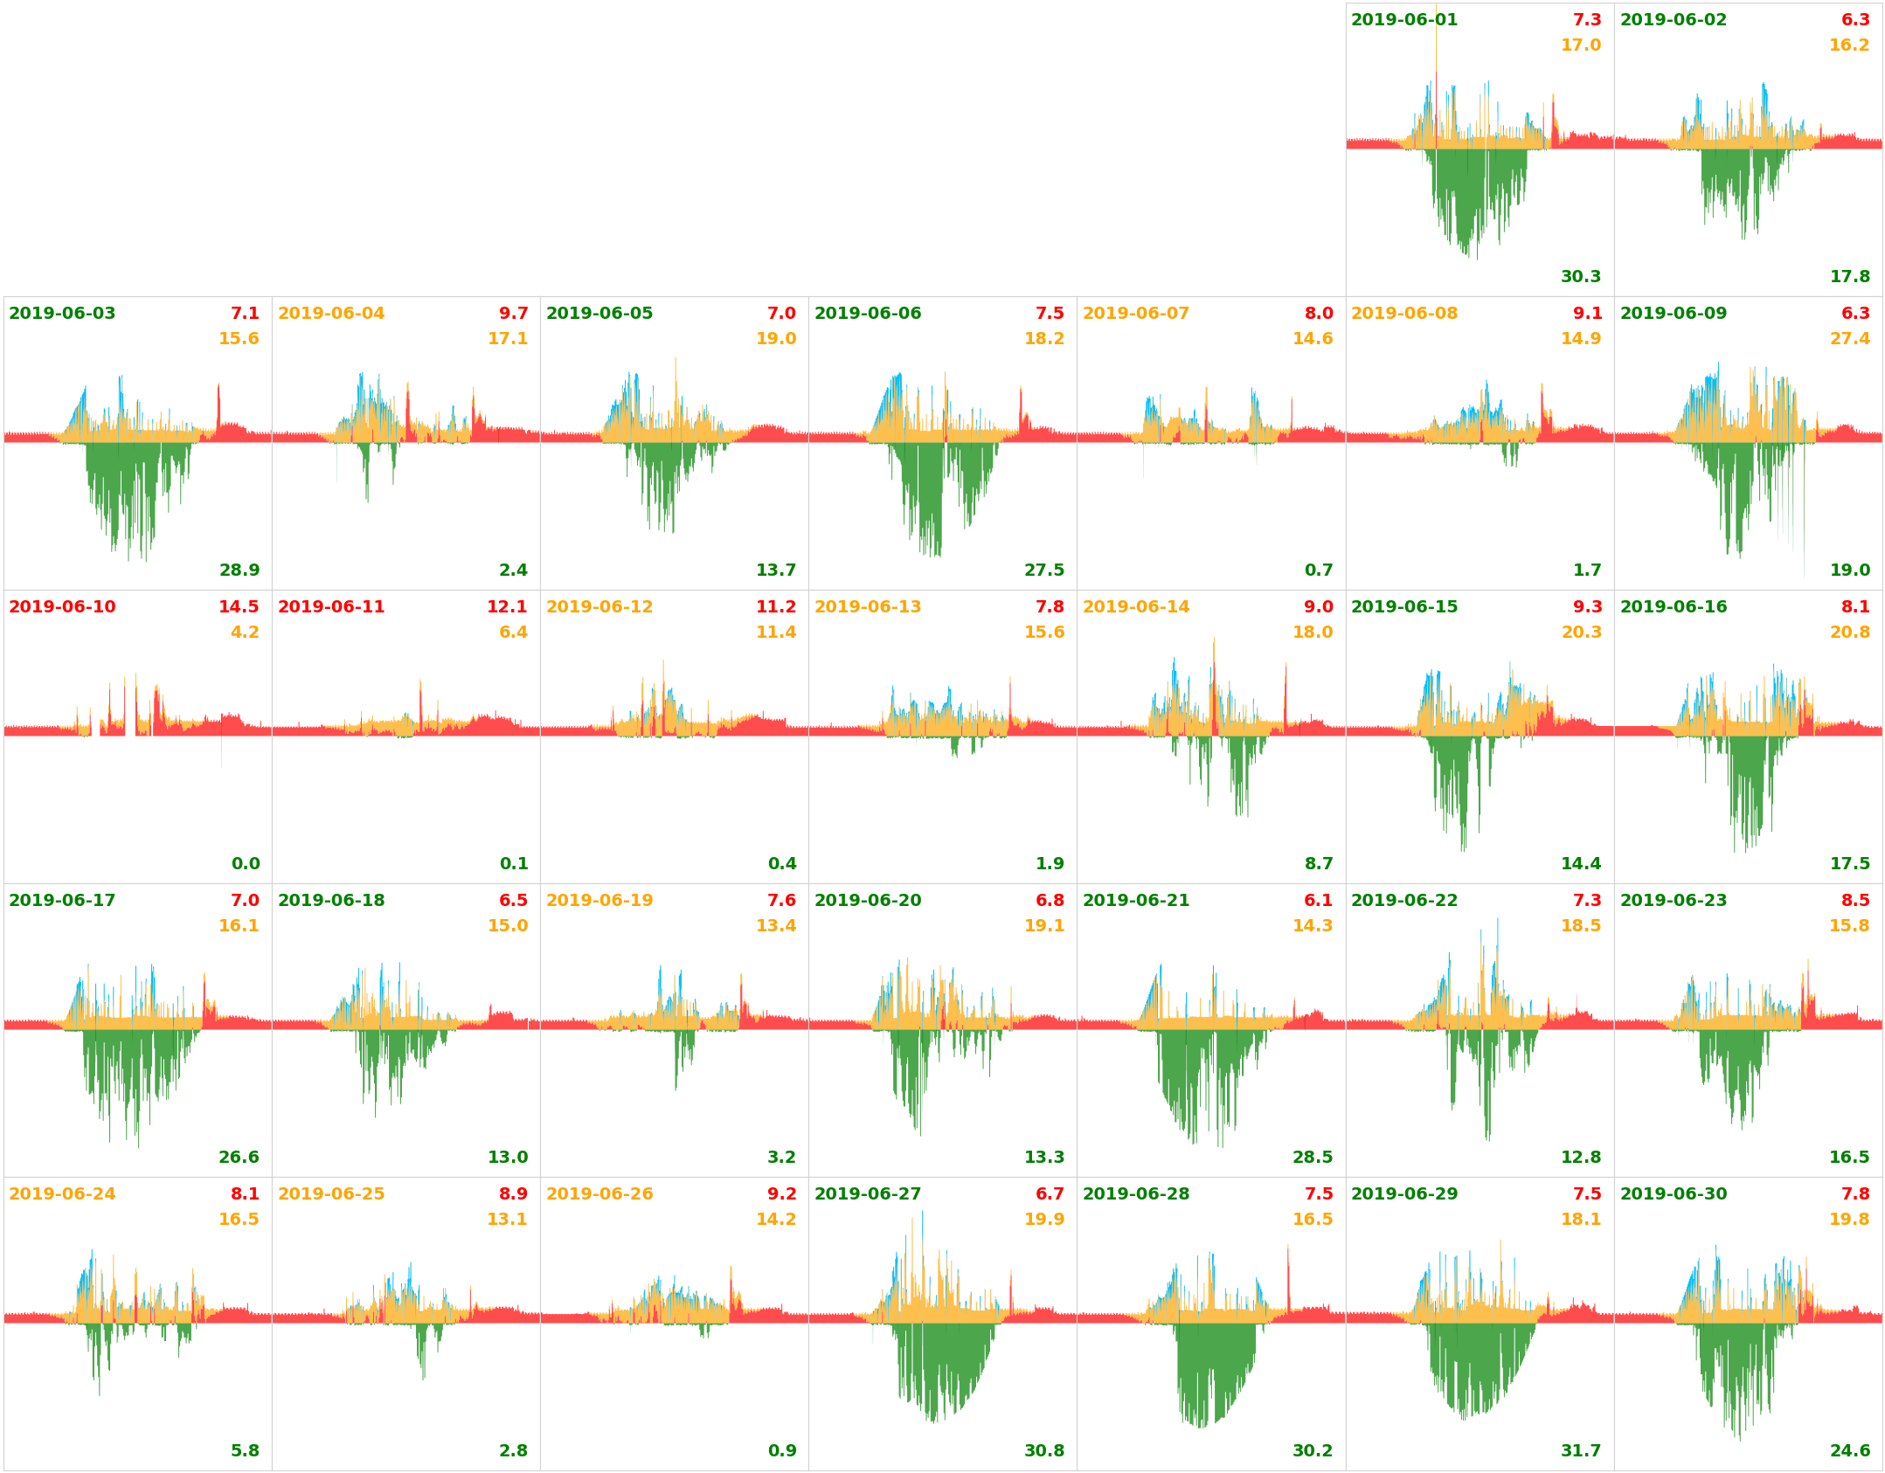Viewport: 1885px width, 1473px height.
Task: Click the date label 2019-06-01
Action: tap(1403, 20)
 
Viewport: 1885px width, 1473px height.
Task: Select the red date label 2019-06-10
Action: tap(62, 607)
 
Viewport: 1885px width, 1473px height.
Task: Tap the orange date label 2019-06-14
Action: tap(1135, 607)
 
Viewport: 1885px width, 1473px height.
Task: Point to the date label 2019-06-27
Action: tap(867, 1194)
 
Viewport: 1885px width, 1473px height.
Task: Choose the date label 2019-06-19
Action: tap(599, 901)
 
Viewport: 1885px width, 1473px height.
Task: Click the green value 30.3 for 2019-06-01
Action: tap(1580, 277)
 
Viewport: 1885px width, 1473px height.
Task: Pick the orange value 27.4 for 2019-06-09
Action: tap(1849, 339)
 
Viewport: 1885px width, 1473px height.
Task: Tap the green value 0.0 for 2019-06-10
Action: tap(246, 864)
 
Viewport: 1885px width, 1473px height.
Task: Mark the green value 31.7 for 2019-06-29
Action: tap(1580, 1451)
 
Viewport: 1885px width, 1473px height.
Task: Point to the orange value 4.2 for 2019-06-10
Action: tap(245, 633)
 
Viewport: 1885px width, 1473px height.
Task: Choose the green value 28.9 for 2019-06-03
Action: tap(239, 571)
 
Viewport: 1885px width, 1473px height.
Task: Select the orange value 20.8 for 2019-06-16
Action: tap(1849, 633)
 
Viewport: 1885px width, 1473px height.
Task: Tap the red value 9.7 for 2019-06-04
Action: tap(513, 314)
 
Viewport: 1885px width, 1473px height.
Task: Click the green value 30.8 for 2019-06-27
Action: tap(1043, 1451)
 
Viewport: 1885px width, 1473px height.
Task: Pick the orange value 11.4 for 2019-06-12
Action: tap(775, 633)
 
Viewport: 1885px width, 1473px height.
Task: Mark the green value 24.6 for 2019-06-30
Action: tap(1849, 1451)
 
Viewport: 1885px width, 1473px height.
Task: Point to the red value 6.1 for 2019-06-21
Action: tap(1318, 901)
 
